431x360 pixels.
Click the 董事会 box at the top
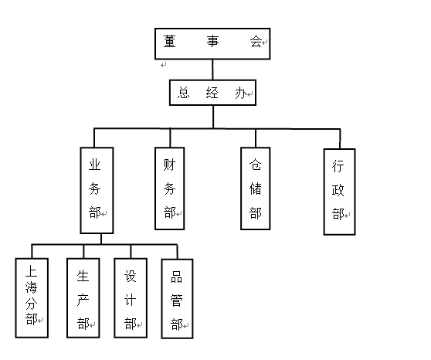(212, 44)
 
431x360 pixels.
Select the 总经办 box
(212, 93)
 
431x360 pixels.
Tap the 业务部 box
(97, 190)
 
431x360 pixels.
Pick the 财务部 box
(170, 188)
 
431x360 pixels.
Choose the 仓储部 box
(256, 188)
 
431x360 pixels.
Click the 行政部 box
(339, 192)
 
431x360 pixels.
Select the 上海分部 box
(32, 298)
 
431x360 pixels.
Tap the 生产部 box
(83, 298)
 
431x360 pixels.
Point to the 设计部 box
(131, 298)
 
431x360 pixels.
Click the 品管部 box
(178, 299)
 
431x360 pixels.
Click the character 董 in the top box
(169, 41)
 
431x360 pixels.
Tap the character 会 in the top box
(256, 41)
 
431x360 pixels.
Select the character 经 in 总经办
(212, 93)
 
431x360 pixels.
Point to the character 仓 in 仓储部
(256, 165)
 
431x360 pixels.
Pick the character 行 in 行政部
(338, 166)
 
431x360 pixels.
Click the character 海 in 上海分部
(31, 287)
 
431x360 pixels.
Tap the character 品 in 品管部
(176, 277)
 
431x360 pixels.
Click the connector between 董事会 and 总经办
(212, 70)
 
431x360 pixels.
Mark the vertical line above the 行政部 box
(340, 139)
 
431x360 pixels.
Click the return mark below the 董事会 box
(164, 65)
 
